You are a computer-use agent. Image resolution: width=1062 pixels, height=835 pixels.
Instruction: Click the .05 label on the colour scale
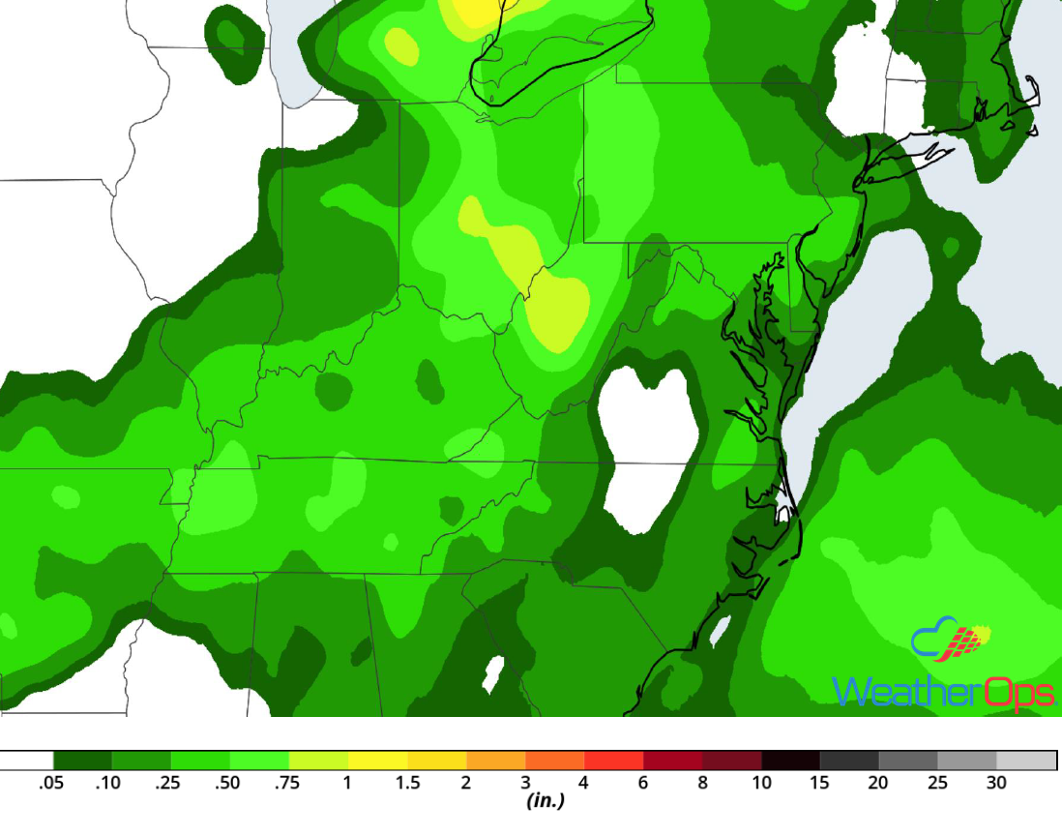51,783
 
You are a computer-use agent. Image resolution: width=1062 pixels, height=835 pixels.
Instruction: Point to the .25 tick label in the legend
168,783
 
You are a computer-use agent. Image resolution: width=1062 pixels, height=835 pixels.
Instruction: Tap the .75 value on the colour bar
287,783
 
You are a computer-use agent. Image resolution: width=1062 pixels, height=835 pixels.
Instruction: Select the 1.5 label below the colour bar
407,783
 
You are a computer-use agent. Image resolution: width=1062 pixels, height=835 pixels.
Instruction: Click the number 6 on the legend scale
643,783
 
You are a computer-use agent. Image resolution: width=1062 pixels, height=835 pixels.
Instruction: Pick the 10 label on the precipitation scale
762,783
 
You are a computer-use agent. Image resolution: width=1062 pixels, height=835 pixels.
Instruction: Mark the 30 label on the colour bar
996,783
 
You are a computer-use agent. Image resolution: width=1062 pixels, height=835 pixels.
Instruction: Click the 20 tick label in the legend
878,783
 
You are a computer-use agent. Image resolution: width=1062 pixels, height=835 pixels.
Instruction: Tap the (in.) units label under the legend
545,801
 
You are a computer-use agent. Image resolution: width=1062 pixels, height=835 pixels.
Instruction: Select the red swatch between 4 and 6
614,760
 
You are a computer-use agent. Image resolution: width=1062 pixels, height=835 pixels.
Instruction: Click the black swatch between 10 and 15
790,760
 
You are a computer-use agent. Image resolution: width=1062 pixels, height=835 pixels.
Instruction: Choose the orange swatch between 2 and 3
495,760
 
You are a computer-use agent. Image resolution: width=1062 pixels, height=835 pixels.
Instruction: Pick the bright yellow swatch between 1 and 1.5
377,760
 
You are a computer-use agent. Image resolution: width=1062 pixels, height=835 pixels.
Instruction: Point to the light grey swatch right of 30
1026,760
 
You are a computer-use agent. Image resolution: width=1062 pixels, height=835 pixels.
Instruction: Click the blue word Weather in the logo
895,692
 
